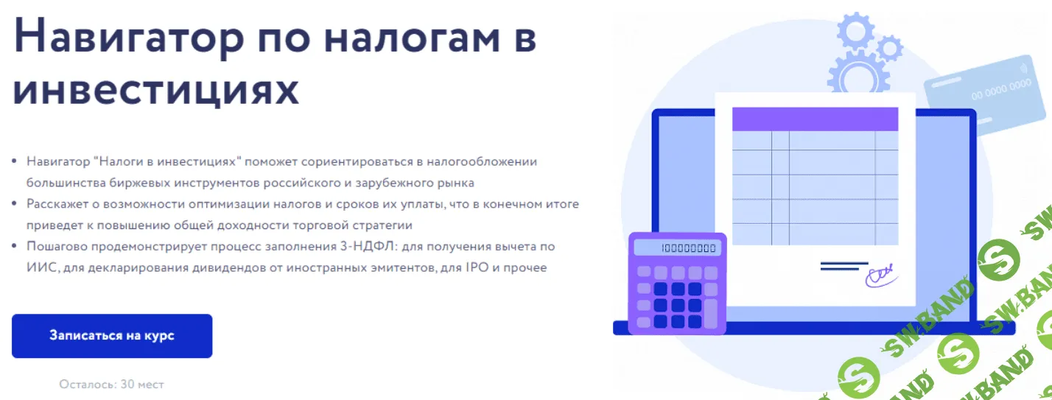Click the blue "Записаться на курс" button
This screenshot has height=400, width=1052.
coord(112,336)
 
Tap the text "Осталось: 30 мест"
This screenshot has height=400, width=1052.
coord(112,385)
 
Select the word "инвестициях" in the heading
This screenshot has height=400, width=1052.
coord(156,90)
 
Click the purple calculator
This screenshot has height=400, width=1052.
coord(677,284)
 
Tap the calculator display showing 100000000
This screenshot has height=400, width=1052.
coord(677,248)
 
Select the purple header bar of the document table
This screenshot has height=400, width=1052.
coord(815,119)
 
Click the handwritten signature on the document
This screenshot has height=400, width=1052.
coord(880,276)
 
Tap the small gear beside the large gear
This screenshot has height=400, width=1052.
coord(889,49)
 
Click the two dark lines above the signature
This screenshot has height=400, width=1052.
coord(844,266)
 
